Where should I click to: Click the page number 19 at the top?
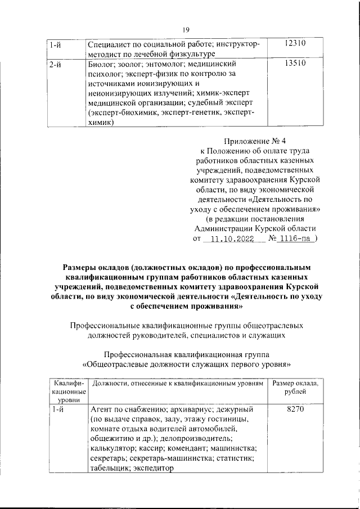point(185,30)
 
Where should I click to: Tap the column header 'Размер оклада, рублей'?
point(295,387)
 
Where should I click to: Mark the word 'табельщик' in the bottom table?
point(109,470)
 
